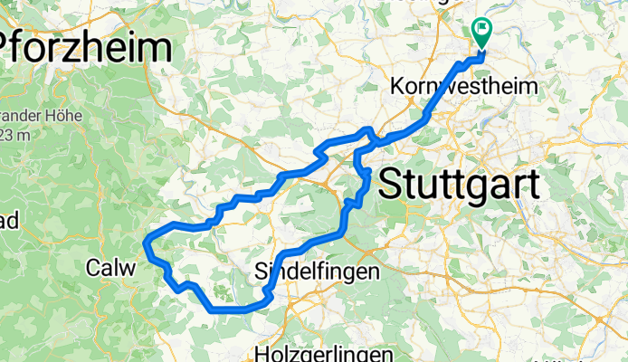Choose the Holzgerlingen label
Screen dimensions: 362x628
(x=324, y=353)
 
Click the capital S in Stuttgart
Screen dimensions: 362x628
(x=390, y=186)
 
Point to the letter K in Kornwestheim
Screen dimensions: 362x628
(x=397, y=87)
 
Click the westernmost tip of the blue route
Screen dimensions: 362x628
(x=147, y=241)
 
